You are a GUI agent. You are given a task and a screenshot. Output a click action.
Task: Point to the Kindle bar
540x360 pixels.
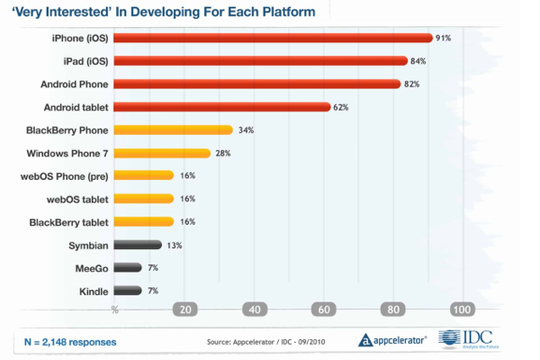coord(128,291)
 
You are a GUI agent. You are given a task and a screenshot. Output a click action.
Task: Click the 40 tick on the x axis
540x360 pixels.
coord(255,310)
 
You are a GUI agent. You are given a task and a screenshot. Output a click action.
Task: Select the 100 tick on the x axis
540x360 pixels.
coord(462,310)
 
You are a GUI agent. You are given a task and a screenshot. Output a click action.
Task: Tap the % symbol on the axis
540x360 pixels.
coord(114,310)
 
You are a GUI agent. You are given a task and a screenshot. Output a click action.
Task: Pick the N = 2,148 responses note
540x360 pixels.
coord(69,342)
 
